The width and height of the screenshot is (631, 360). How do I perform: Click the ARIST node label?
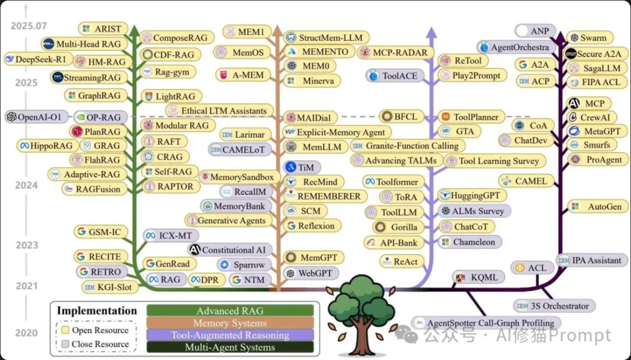[x=103, y=29]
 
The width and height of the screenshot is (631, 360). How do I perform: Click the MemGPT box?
[x=313, y=258]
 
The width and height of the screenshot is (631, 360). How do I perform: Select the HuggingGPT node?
[x=468, y=195]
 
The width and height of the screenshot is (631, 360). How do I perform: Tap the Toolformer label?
[x=392, y=182]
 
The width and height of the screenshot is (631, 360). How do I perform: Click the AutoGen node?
[x=598, y=207]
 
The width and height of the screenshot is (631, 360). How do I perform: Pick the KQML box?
[x=480, y=277]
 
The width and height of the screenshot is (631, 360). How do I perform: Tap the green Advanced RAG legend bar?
[x=230, y=311]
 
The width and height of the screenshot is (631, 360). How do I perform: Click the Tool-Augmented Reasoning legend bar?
[x=230, y=335]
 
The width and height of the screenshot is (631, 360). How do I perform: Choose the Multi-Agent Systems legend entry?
[x=230, y=347]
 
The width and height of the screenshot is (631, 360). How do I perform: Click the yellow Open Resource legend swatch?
[x=66, y=330]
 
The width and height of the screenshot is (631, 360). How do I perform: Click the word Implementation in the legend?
[x=97, y=310]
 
